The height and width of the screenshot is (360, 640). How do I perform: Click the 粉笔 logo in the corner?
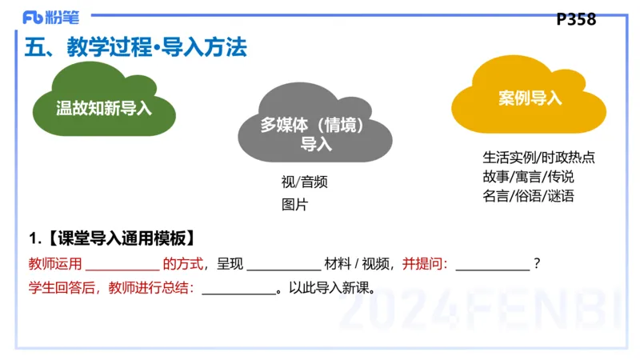(50, 15)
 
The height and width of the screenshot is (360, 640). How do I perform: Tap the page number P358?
(576, 19)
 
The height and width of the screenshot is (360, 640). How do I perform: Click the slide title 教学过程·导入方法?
(136, 48)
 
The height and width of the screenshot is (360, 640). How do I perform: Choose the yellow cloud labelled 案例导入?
(530, 98)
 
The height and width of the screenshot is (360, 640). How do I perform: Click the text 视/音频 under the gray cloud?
(298, 182)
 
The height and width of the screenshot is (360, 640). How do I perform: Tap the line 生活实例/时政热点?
(538, 157)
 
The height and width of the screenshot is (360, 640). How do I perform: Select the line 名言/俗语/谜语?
(528, 195)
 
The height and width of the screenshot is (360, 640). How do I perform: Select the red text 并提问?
(424, 263)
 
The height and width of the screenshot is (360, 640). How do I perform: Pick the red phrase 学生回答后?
(58, 287)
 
